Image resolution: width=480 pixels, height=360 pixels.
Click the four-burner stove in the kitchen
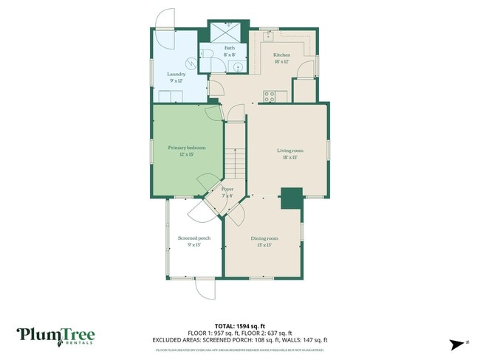point(270,94)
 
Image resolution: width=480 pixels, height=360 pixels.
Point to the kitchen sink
point(270,34)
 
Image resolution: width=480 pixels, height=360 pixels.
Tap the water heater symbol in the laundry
point(192,64)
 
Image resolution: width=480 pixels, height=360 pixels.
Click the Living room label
point(290,153)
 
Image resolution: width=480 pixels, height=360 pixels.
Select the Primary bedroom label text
point(187,151)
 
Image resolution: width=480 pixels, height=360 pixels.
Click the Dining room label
point(264,241)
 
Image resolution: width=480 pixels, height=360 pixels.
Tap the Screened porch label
point(194,241)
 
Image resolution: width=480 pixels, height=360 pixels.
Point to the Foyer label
point(227,193)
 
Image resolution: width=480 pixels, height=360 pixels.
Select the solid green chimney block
point(292,198)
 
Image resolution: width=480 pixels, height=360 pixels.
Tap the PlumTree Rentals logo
point(55,336)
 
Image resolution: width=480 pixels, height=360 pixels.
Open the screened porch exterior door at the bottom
point(204,287)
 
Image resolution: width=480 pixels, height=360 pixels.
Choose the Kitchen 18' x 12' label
point(282,59)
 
